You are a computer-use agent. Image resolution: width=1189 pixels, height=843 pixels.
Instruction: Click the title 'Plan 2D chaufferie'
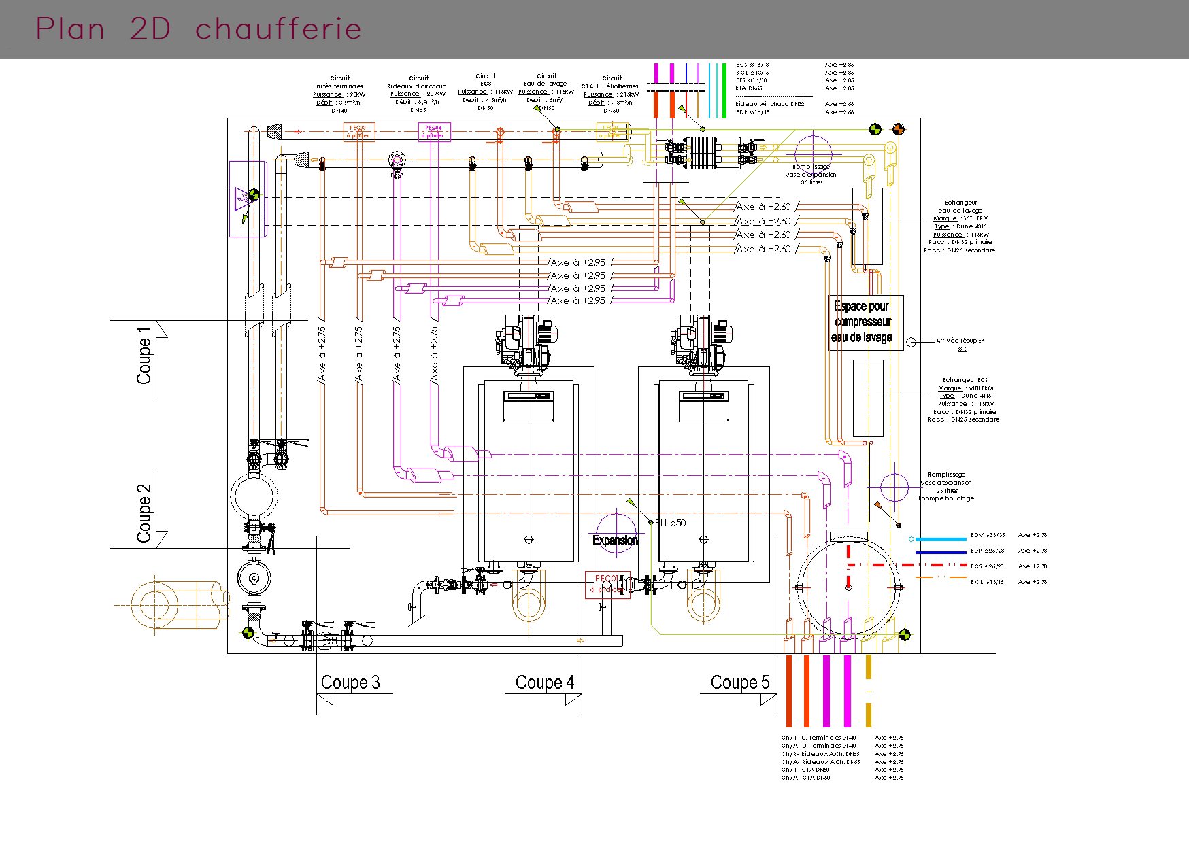[198, 29]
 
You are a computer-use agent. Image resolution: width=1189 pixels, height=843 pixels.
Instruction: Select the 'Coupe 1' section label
[144, 356]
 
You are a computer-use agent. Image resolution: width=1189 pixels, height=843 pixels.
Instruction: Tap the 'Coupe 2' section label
[144, 513]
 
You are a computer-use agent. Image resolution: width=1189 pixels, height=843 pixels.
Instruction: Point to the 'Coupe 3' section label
[350, 683]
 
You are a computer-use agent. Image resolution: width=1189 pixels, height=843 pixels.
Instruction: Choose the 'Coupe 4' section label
[544, 683]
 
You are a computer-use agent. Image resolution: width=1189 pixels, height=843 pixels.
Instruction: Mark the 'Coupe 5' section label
[739, 683]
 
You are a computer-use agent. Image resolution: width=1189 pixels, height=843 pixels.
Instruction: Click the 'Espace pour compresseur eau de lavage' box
[865, 322]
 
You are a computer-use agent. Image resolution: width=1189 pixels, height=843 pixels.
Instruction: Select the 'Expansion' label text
[616, 540]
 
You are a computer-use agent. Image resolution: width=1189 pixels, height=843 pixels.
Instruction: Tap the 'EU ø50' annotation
[670, 523]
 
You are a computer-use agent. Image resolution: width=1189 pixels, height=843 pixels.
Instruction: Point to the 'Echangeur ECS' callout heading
[965, 380]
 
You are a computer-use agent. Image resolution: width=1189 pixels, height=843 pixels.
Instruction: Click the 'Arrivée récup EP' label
[960, 341]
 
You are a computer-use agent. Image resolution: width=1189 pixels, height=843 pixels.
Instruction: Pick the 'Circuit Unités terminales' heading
[339, 82]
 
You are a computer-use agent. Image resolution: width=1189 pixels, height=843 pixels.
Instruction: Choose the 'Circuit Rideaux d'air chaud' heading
[417, 82]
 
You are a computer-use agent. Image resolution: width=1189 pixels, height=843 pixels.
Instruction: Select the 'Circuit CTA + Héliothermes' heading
[611, 82]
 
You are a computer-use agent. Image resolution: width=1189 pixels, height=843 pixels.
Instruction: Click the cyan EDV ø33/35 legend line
[940, 539]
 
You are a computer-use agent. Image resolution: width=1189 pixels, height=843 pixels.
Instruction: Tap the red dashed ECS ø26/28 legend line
[940, 566]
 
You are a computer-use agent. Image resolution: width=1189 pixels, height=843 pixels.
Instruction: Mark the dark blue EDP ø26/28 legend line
[940, 552]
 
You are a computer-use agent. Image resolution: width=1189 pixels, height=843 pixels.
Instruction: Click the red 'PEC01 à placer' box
[607, 584]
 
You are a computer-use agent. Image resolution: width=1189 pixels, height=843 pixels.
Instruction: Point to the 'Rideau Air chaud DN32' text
[769, 104]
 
